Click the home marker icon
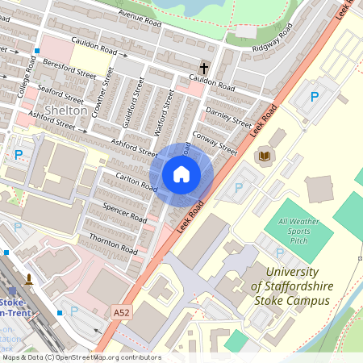click(181, 173)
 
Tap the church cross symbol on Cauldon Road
click(204, 69)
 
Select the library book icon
click(265, 155)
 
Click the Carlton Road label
click(136, 181)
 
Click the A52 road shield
click(121, 311)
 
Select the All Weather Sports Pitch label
click(294, 231)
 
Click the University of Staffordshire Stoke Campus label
click(290, 286)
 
